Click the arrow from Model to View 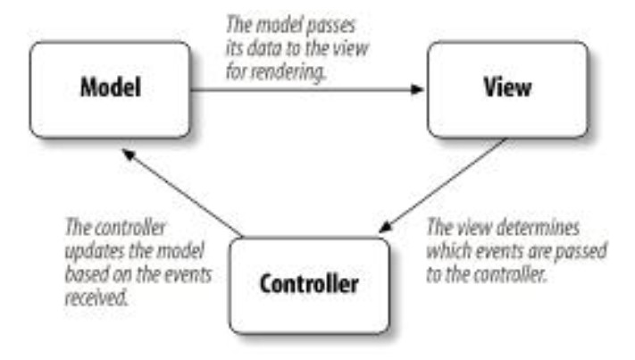click(x=304, y=89)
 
